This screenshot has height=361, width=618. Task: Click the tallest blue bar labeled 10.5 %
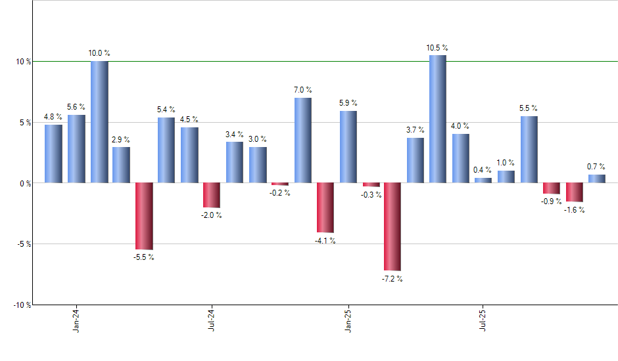click(x=438, y=119)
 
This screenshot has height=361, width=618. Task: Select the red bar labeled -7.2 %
click(x=392, y=226)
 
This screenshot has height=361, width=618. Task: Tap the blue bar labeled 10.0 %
click(x=99, y=122)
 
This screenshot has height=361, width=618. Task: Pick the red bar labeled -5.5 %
click(x=144, y=216)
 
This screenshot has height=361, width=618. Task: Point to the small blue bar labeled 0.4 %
click(x=483, y=180)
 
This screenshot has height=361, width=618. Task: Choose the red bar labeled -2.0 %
click(x=212, y=195)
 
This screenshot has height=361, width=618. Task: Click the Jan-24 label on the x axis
click(x=77, y=319)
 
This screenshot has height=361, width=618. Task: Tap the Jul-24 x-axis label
click(x=212, y=319)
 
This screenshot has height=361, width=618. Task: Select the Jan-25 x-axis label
click(x=348, y=319)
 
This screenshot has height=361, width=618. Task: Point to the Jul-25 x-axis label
click(x=483, y=319)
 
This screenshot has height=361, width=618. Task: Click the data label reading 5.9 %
click(x=348, y=103)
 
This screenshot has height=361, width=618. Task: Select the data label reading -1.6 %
click(x=575, y=210)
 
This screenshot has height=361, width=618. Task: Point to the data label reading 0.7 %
click(x=596, y=167)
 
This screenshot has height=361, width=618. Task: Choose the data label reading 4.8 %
click(x=53, y=117)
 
